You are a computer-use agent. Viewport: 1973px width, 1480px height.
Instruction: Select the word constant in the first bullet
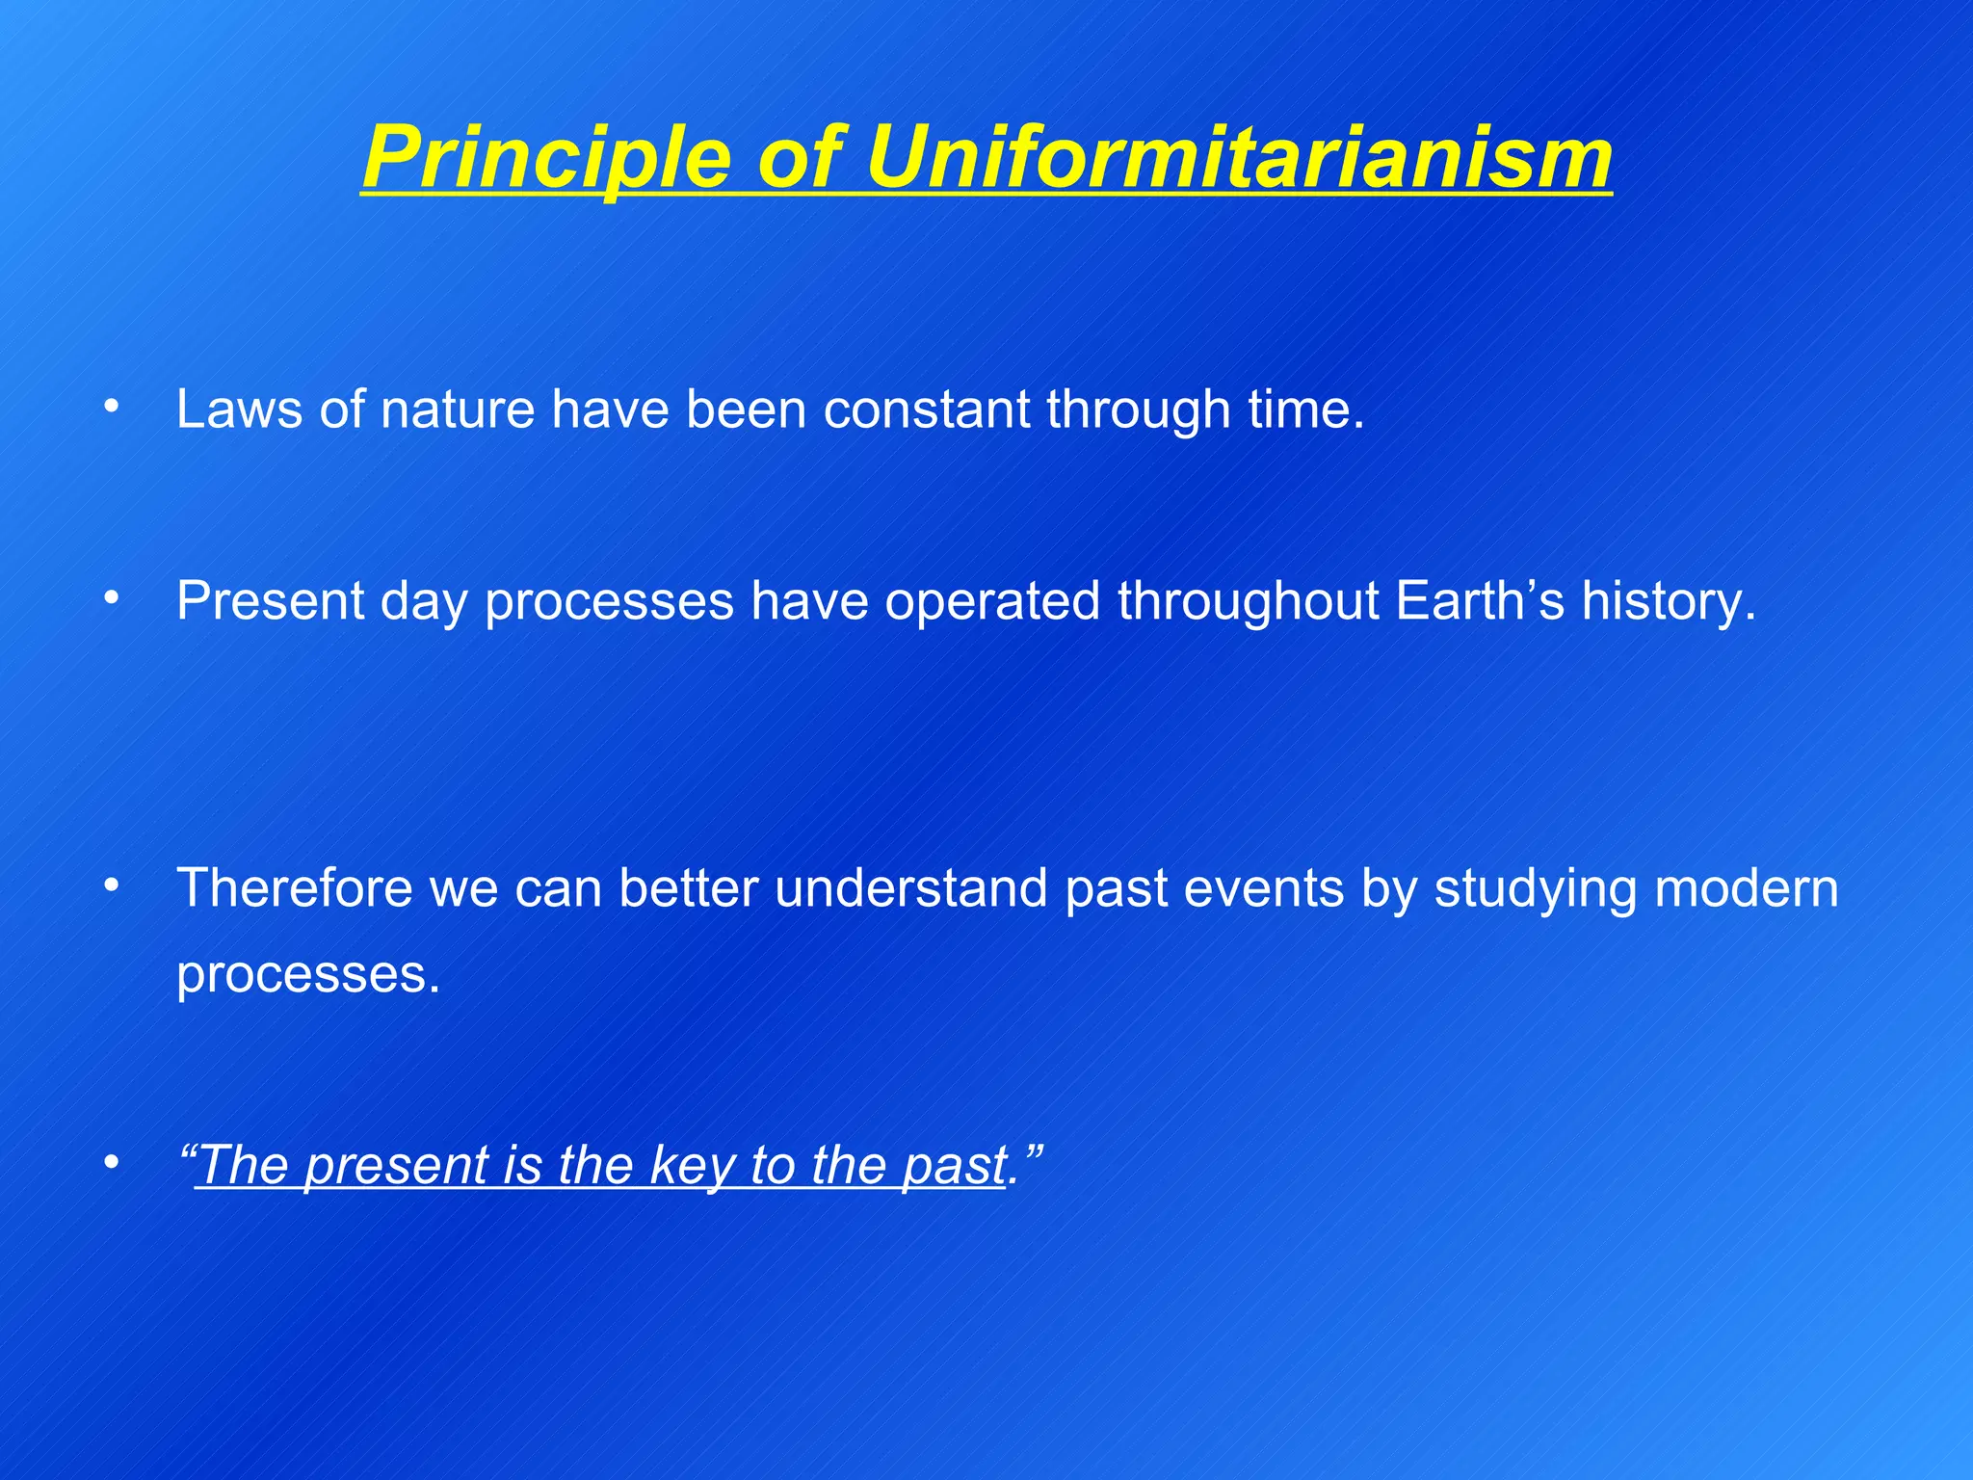(926, 409)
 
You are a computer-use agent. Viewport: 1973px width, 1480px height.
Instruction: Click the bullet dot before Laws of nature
(113, 408)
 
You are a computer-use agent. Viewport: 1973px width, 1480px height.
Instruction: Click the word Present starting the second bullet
(270, 600)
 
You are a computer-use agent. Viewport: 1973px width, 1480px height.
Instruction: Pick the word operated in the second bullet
(992, 600)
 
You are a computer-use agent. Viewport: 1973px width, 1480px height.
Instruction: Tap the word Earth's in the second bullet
(1480, 600)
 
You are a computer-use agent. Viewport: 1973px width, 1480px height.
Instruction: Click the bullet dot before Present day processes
(113, 599)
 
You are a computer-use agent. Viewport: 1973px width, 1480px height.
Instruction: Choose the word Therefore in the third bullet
(294, 887)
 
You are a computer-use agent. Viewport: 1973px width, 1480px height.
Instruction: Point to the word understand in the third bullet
(910, 887)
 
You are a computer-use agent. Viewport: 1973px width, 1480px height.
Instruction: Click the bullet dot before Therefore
(113, 885)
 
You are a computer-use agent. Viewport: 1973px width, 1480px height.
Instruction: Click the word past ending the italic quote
(954, 1165)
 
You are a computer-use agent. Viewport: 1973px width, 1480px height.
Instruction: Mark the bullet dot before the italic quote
(113, 1163)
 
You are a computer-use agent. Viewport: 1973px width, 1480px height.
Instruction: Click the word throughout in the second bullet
(1248, 600)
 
